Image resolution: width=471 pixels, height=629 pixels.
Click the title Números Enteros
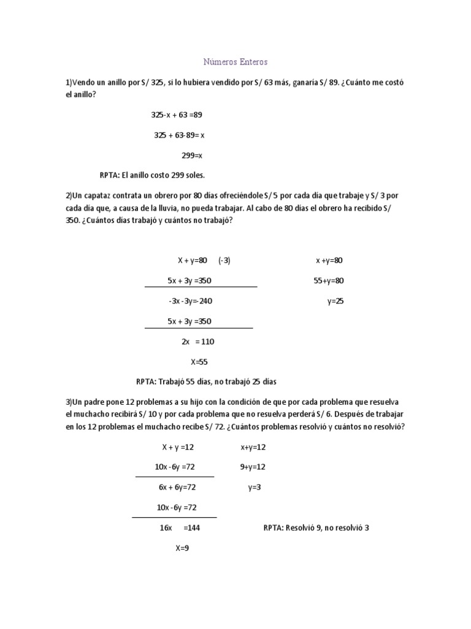tap(235, 62)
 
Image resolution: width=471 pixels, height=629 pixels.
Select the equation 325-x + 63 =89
tap(177, 115)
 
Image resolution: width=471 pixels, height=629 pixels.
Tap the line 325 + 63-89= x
tap(179, 135)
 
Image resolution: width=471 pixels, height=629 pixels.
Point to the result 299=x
tap(191, 155)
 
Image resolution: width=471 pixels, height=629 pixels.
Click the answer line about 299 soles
tap(151, 175)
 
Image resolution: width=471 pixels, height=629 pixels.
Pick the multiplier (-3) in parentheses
tap(224, 260)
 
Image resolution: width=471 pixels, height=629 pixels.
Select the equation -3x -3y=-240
tap(190, 301)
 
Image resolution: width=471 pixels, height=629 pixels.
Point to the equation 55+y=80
tap(329, 281)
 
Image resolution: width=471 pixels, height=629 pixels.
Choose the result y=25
tap(335, 301)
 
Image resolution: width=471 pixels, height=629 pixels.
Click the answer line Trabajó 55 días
tap(206, 382)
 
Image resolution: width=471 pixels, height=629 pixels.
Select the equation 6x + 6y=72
tap(177, 487)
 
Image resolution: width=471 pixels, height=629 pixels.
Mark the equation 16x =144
tap(180, 528)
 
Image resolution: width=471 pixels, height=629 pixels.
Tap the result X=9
tap(182, 548)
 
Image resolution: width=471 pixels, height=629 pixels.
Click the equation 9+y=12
tap(253, 467)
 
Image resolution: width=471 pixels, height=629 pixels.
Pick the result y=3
tap(255, 487)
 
